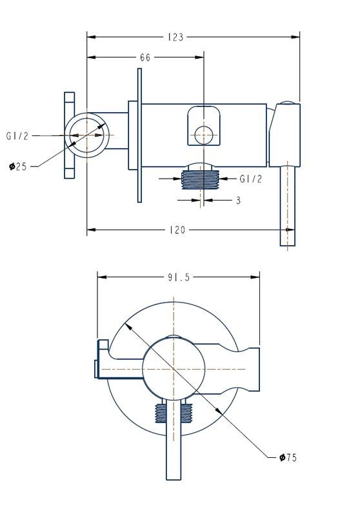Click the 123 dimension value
(x=175, y=37)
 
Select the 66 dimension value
(x=145, y=57)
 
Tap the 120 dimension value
(x=177, y=230)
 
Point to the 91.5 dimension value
(x=179, y=277)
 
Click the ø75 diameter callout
(x=288, y=457)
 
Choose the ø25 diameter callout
(x=18, y=166)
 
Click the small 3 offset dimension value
(x=238, y=200)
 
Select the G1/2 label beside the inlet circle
(x=17, y=135)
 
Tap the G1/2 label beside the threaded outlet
(x=251, y=179)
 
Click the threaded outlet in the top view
(x=201, y=180)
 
